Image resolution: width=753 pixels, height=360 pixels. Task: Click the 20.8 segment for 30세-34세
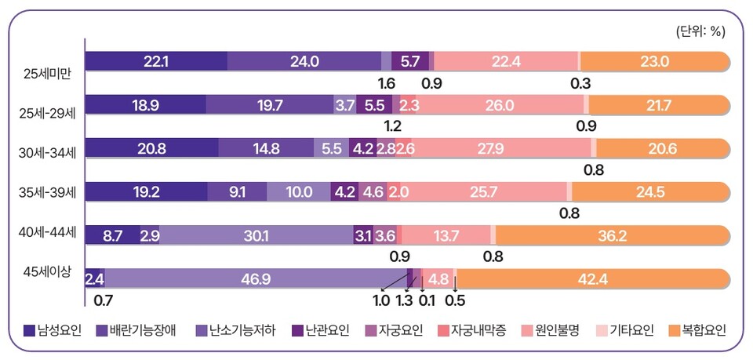point(151,148)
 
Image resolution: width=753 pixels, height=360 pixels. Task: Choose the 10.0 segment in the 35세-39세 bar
point(298,191)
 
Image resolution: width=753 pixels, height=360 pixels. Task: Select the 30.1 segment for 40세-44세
point(256,235)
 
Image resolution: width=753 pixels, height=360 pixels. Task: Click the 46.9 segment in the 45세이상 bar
point(255,278)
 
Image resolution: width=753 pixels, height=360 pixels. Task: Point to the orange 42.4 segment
point(592,278)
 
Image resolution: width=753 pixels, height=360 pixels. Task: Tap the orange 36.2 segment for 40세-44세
point(612,235)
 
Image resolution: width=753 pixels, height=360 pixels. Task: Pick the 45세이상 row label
point(47,271)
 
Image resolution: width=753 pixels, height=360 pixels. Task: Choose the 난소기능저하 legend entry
point(225,330)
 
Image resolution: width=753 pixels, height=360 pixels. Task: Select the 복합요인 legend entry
point(694,330)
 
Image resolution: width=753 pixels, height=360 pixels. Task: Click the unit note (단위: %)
point(700,31)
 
